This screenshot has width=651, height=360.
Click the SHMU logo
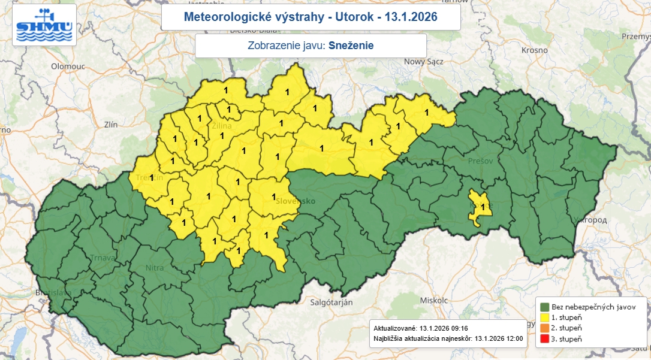pos(44,25)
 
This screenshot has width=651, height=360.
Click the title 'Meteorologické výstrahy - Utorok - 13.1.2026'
pos(311,17)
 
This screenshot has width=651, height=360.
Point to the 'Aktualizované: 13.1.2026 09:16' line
pos(420,328)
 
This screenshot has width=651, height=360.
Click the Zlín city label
pos(110,125)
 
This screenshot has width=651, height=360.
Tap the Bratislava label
pos(54,293)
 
